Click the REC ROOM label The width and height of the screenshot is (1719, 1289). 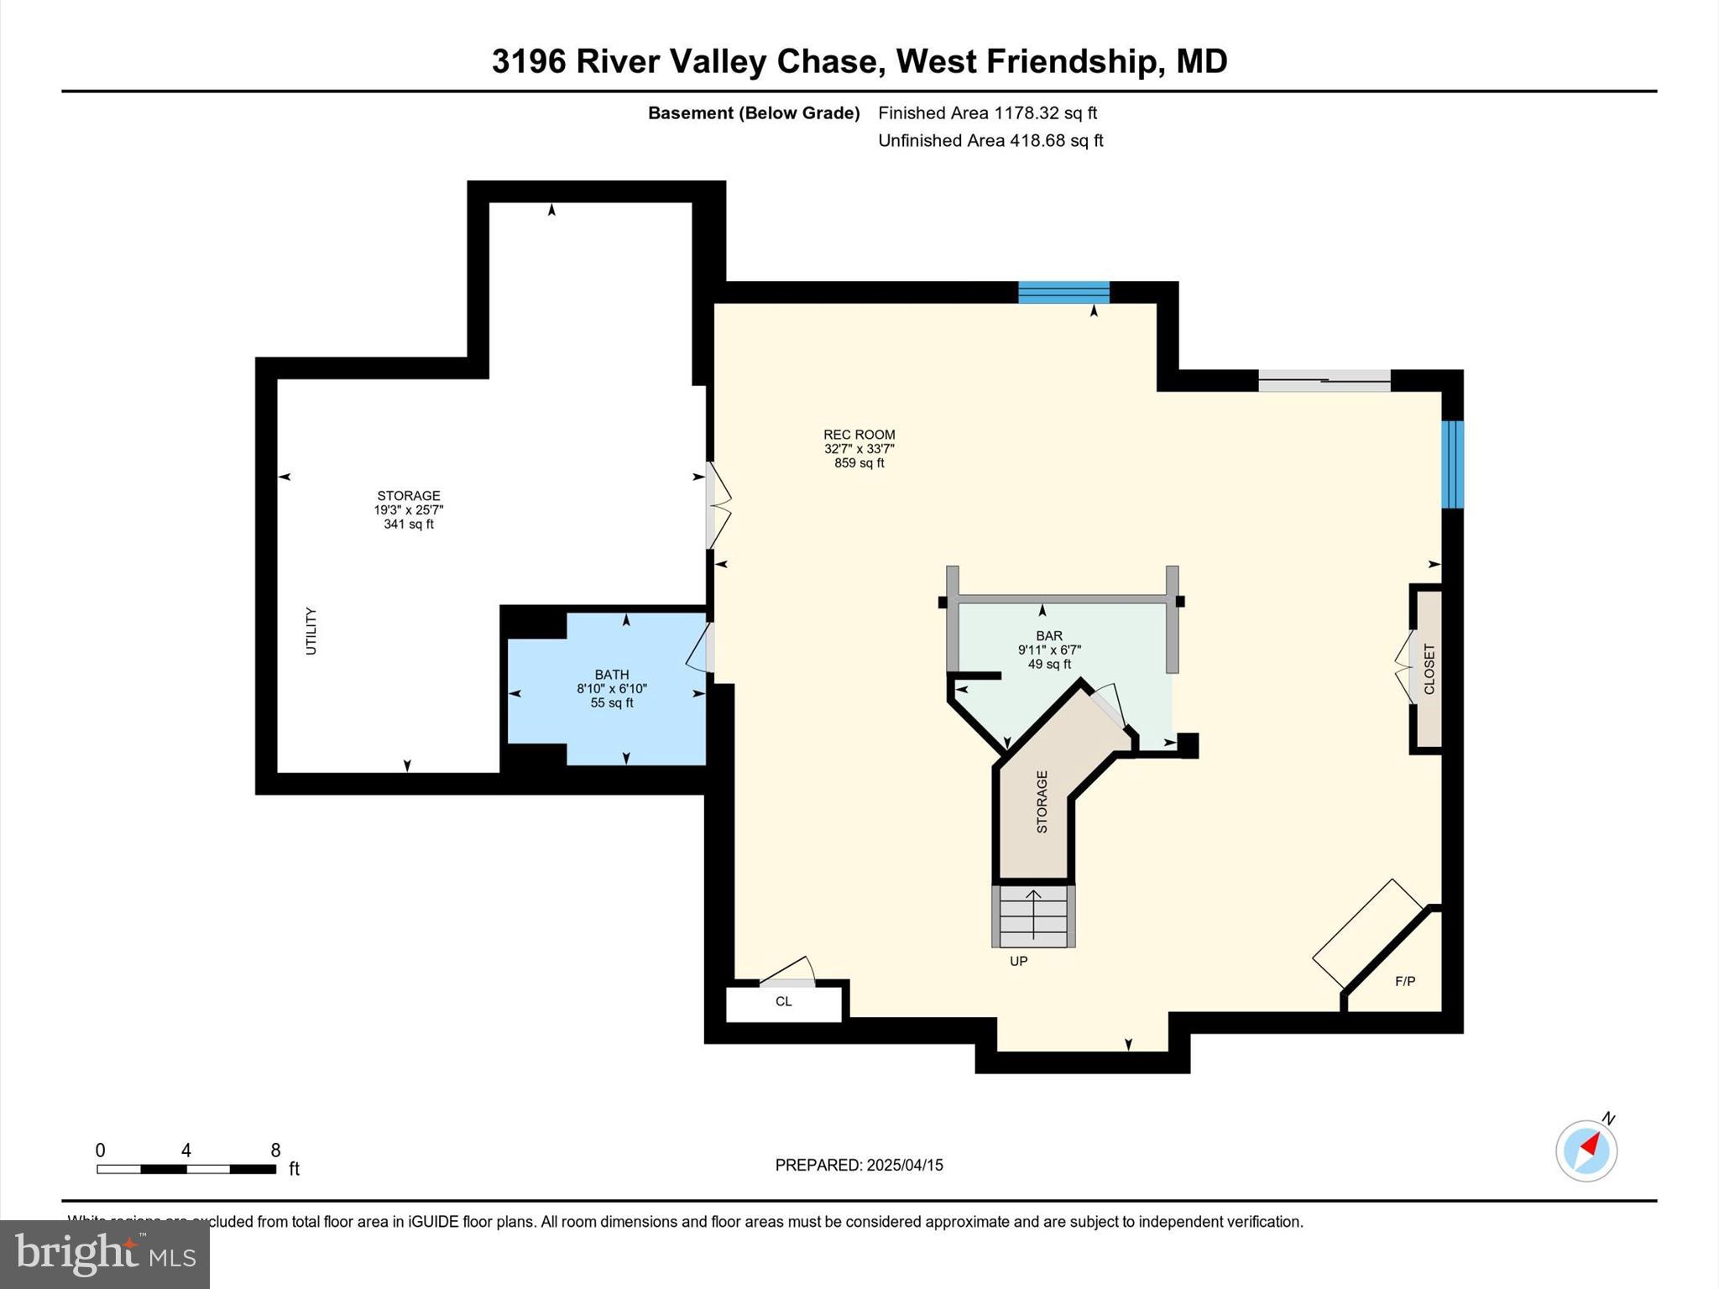click(859, 435)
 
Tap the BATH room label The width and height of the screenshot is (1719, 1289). click(612, 675)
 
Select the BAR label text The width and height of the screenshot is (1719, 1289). click(1049, 636)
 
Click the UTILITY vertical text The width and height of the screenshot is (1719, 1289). click(311, 631)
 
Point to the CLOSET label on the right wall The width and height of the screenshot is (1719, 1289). click(1429, 669)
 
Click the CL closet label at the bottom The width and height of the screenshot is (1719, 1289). click(783, 1001)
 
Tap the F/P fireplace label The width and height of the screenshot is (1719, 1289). click(1404, 981)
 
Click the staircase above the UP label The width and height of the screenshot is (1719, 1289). click(1033, 916)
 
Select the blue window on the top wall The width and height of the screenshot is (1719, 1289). click(1063, 292)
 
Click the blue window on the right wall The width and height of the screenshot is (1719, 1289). click(1452, 464)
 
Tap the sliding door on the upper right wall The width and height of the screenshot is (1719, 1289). click(1324, 381)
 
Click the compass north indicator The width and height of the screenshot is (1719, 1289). click(1586, 1151)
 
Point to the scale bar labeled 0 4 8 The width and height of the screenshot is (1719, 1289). click(186, 1168)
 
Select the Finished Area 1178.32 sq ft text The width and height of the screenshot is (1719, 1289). click(987, 113)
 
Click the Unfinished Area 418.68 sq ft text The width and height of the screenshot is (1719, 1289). click(990, 141)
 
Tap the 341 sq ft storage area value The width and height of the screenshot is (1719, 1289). click(409, 524)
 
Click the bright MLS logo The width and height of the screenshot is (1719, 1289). click(105, 1254)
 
